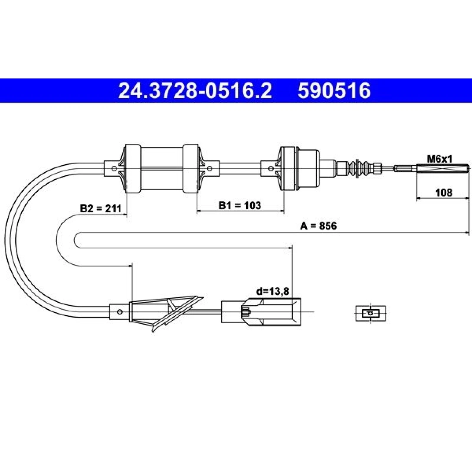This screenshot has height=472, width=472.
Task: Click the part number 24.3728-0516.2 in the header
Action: tap(195, 91)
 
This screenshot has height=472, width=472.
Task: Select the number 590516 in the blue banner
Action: tap(334, 91)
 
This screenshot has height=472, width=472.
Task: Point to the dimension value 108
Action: tap(444, 193)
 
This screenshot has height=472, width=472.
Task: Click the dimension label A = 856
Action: tap(318, 226)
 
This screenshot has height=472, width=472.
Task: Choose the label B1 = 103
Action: tap(240, 205)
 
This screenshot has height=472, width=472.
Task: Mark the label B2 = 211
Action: tap(101, 209)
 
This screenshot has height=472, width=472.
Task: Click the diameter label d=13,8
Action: tap(273, 291)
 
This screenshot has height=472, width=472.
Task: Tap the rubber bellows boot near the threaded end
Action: tap(360, 169)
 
